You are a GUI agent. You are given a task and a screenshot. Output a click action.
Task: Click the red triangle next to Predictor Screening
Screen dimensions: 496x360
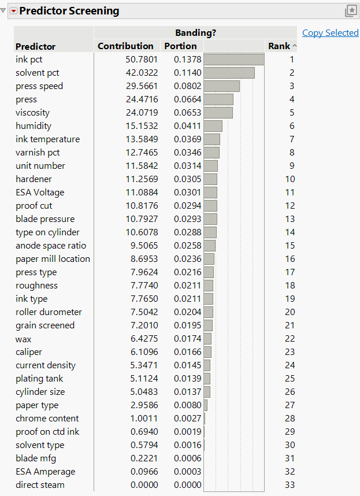tap(13, 11)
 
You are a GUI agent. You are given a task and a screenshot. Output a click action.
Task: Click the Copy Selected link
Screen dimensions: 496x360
tap(330, 33)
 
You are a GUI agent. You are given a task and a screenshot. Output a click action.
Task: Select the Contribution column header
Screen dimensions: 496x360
tap(125, 46)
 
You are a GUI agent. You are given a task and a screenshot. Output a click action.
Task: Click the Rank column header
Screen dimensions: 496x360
tap(279, 46)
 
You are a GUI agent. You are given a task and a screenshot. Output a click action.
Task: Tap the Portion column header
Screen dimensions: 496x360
tap(180, 46)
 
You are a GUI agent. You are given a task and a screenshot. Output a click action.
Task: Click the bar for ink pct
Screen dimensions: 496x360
tap(234, 60)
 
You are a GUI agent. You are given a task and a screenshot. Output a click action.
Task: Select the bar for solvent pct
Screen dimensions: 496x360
tap(229, 73)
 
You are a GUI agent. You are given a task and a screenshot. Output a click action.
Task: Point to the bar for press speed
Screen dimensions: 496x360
tap(222, 86)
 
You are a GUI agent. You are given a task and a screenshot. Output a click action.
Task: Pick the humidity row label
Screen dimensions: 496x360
tap(34, 126)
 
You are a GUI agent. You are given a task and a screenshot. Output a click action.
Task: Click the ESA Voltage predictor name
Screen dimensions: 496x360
tap(40, 193)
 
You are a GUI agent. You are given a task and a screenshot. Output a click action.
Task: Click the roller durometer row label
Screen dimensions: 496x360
tap(49, 312)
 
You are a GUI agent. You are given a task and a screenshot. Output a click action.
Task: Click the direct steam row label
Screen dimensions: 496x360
tap(40, 485)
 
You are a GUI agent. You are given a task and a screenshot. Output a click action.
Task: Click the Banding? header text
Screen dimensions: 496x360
tap(195, 33)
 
